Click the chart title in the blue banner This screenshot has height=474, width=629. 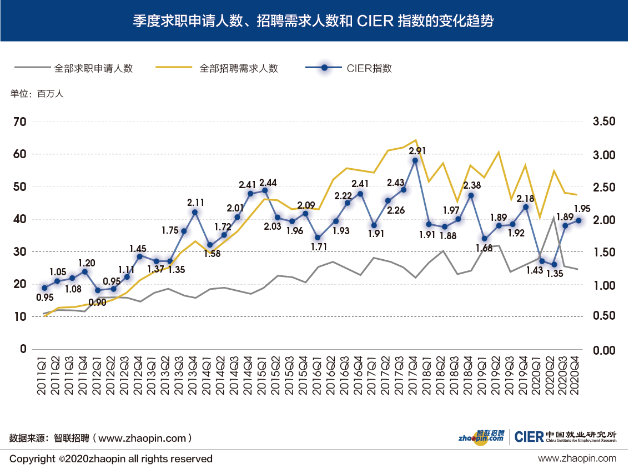click(x=314, y=21)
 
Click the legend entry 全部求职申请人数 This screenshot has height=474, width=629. click(x=93, y=68)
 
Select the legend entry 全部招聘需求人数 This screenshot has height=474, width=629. click(x=239, y=68)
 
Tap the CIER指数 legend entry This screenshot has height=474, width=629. click(x=369, y=68)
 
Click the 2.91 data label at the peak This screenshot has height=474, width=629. click(x=417, y=150)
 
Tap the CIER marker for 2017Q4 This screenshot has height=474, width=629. click(x=415, y=160)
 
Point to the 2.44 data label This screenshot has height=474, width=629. click(x=269, y=182)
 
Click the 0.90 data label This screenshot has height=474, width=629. click(x=97, y=302)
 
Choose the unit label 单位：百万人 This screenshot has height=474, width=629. click(x=37, y=94)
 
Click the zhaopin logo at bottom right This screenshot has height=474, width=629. click(x=481, y=437)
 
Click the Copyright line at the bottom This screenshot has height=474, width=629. click(x=111, y=459)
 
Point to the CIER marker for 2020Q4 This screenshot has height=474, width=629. click(x=578, y=220)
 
